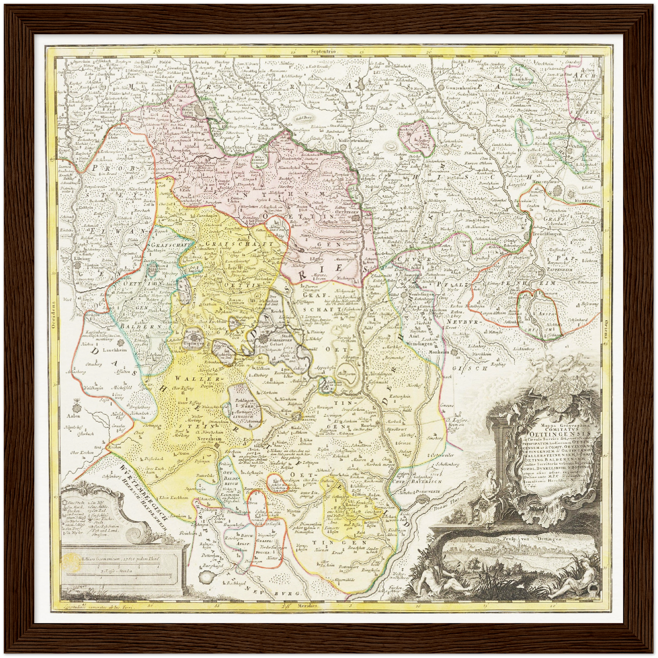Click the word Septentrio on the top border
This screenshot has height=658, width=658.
[x=323, y=52]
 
